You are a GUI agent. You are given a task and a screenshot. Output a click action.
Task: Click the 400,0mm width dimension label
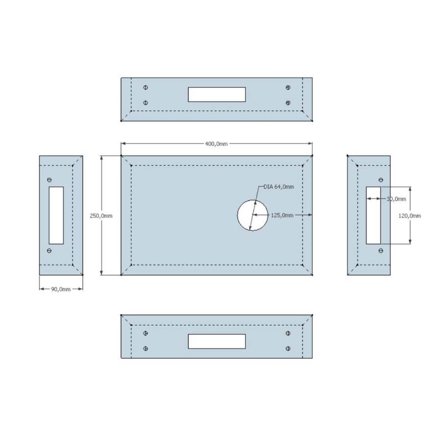click(x=216, y=144)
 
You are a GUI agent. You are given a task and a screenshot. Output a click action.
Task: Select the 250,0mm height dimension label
click(x=101, y=216)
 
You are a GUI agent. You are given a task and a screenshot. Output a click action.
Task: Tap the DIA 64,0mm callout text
click(x=279, y=187)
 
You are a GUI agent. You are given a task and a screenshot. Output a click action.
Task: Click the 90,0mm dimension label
click(x=61, y=289)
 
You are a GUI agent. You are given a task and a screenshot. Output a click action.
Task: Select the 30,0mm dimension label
click(x=396, y=198)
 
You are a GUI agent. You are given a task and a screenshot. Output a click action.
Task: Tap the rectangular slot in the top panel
click(x=217, y=95)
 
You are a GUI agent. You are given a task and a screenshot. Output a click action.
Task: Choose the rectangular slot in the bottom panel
click(x=217, y=342)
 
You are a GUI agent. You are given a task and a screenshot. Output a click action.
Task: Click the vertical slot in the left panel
click(x=56, y=215)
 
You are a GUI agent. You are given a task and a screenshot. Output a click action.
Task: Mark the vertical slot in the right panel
click(x=374, y=215)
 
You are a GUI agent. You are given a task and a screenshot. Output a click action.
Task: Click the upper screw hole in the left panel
click(x=49, y=180)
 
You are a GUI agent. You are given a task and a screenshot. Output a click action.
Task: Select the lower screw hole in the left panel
click(x=49, y=250)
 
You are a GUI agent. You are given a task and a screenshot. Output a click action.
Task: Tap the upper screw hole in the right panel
click(x=381, y=180)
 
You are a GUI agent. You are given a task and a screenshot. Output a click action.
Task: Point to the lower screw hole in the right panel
click(x=381, y=250)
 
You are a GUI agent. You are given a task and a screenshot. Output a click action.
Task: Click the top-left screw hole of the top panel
click(x=146, y=87)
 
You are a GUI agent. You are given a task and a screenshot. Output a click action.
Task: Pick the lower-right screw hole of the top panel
click(x=288, y=103)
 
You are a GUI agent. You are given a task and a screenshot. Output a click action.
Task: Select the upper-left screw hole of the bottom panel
click(x=146, y=333)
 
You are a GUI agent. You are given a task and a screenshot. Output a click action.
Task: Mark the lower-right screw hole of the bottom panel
click(x=288, y=349)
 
